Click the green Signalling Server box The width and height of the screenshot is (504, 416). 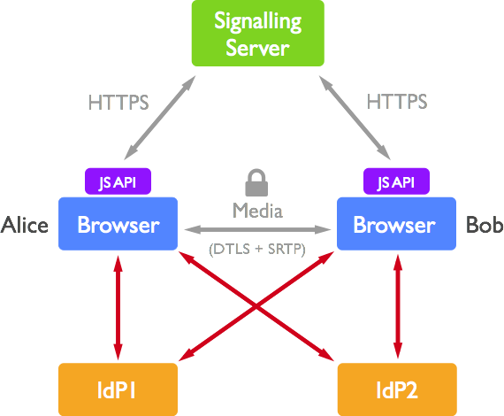coord(256,34)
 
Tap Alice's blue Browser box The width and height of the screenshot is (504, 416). coord(118,224)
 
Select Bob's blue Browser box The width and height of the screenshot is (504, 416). coord(394,224)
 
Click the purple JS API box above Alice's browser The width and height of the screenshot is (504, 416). coord(118,182)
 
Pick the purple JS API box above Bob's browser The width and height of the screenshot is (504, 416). coord(395,182)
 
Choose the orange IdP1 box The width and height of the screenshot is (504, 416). coord(118,389)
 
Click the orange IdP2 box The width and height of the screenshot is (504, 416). coord(397,389)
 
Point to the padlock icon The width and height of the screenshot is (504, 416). coord(256,183)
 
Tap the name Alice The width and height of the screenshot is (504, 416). coord(25,225)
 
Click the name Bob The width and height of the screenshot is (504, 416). coord(484,225)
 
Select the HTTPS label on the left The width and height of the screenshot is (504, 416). coord(118,103)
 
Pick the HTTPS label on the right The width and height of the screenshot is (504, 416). coord(397,103)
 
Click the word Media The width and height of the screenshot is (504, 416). coord(256,211)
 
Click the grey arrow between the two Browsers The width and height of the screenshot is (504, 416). coord(256,229)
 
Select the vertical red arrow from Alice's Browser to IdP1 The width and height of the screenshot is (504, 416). coord(117,305)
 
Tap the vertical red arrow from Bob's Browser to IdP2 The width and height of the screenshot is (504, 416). coord(396,305)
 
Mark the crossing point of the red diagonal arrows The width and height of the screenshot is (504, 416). coord(256,306)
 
